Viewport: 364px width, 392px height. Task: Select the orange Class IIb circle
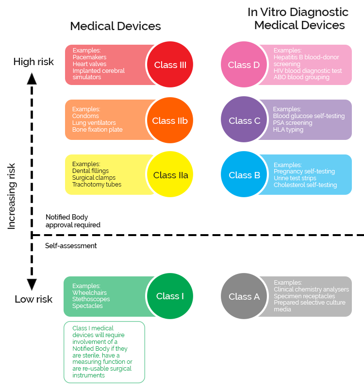tap(170, 120)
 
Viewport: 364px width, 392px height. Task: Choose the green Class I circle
tap(170, 296)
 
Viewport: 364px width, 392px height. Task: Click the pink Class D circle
tap(244, 65)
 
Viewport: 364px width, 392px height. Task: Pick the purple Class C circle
tap(244, 120)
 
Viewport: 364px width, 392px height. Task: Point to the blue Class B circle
tap(244, 175)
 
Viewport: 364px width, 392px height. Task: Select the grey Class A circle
tap(244, 296)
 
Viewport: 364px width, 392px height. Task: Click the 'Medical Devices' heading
tap(116, 26)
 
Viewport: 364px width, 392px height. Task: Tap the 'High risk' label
tap(33, 62)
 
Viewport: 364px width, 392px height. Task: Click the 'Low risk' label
tap(33, 299)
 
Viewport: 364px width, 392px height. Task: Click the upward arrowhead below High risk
tap(32, 78)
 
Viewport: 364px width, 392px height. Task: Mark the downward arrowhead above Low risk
tap(32, 285)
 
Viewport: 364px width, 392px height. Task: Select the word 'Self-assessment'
tap(71, 246)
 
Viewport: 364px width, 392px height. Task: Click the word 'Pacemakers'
tap(90, 57)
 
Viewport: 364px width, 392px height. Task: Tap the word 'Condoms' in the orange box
tap(85, 116)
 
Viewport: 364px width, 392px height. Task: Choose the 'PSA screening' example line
tap(293, 123)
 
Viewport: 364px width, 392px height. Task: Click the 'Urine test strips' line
tap(295, 178)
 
